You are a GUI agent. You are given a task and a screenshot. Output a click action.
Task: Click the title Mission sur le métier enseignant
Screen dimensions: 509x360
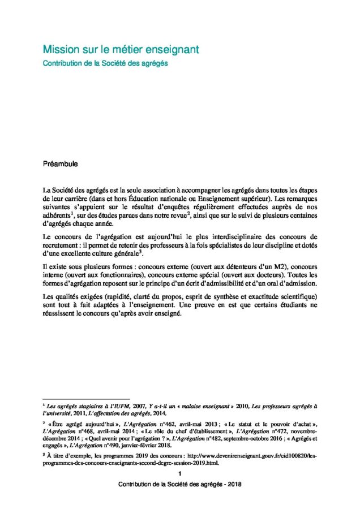(x=121, y=50)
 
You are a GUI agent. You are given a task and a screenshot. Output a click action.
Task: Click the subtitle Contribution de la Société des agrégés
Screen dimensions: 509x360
(x=105, y=63)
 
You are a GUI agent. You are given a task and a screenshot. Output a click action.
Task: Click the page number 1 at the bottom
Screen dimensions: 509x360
(x=180, y=473)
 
